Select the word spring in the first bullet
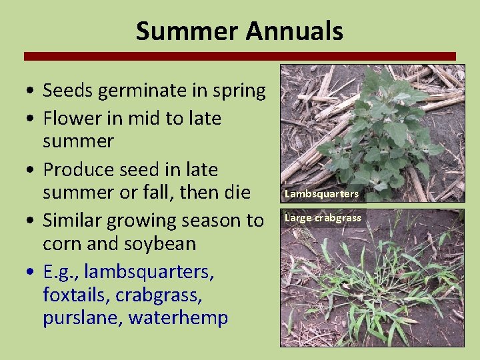pos(235,91)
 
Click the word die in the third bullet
pos(235,193)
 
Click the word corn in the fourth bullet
pos(63,243)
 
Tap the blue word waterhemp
pos(178,318)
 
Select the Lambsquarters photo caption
pos(321,194)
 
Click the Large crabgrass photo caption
pos(323,217)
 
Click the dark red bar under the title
pos(240,56)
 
